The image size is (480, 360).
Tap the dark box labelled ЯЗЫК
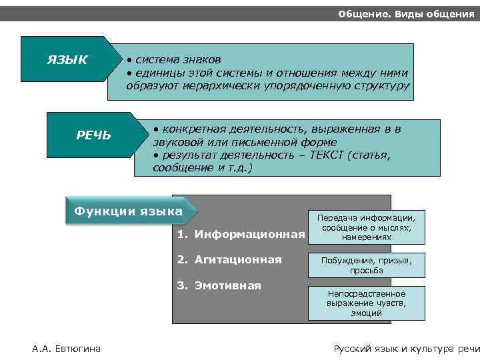[x=67, y=60]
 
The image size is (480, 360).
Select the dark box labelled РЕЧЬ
[x=93, y=136]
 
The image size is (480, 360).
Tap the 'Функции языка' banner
[x=128, y=212]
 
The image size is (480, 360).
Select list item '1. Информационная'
[x=241, y=234]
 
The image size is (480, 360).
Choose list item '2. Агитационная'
[x=229, y=259]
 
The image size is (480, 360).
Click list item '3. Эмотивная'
[x=219, y=285]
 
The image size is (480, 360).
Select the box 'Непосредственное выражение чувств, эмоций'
[x=366, y=303]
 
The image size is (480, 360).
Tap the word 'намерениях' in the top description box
[x=366, y=237]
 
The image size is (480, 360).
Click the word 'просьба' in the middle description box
[x=366, y=271]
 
